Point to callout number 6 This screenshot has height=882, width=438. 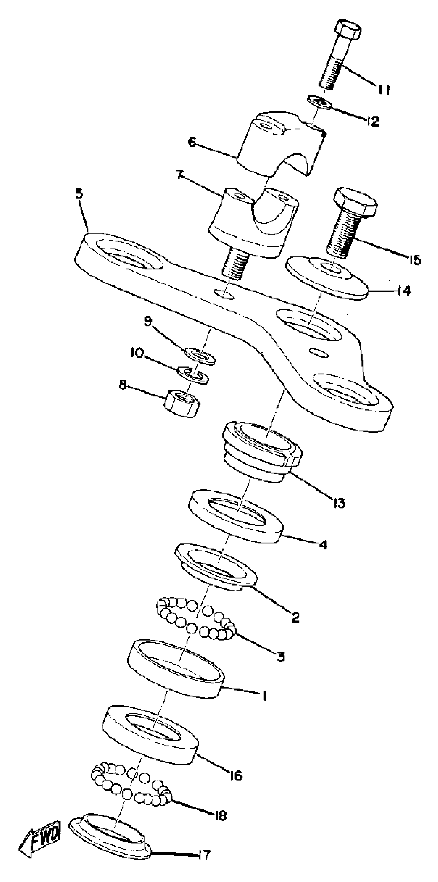pyautogui.click(x=192, y=142)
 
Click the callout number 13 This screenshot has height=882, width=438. pyautogui.click(x=339, y=503)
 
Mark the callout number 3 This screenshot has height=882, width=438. pyautogui.click(x=281, y=657)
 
